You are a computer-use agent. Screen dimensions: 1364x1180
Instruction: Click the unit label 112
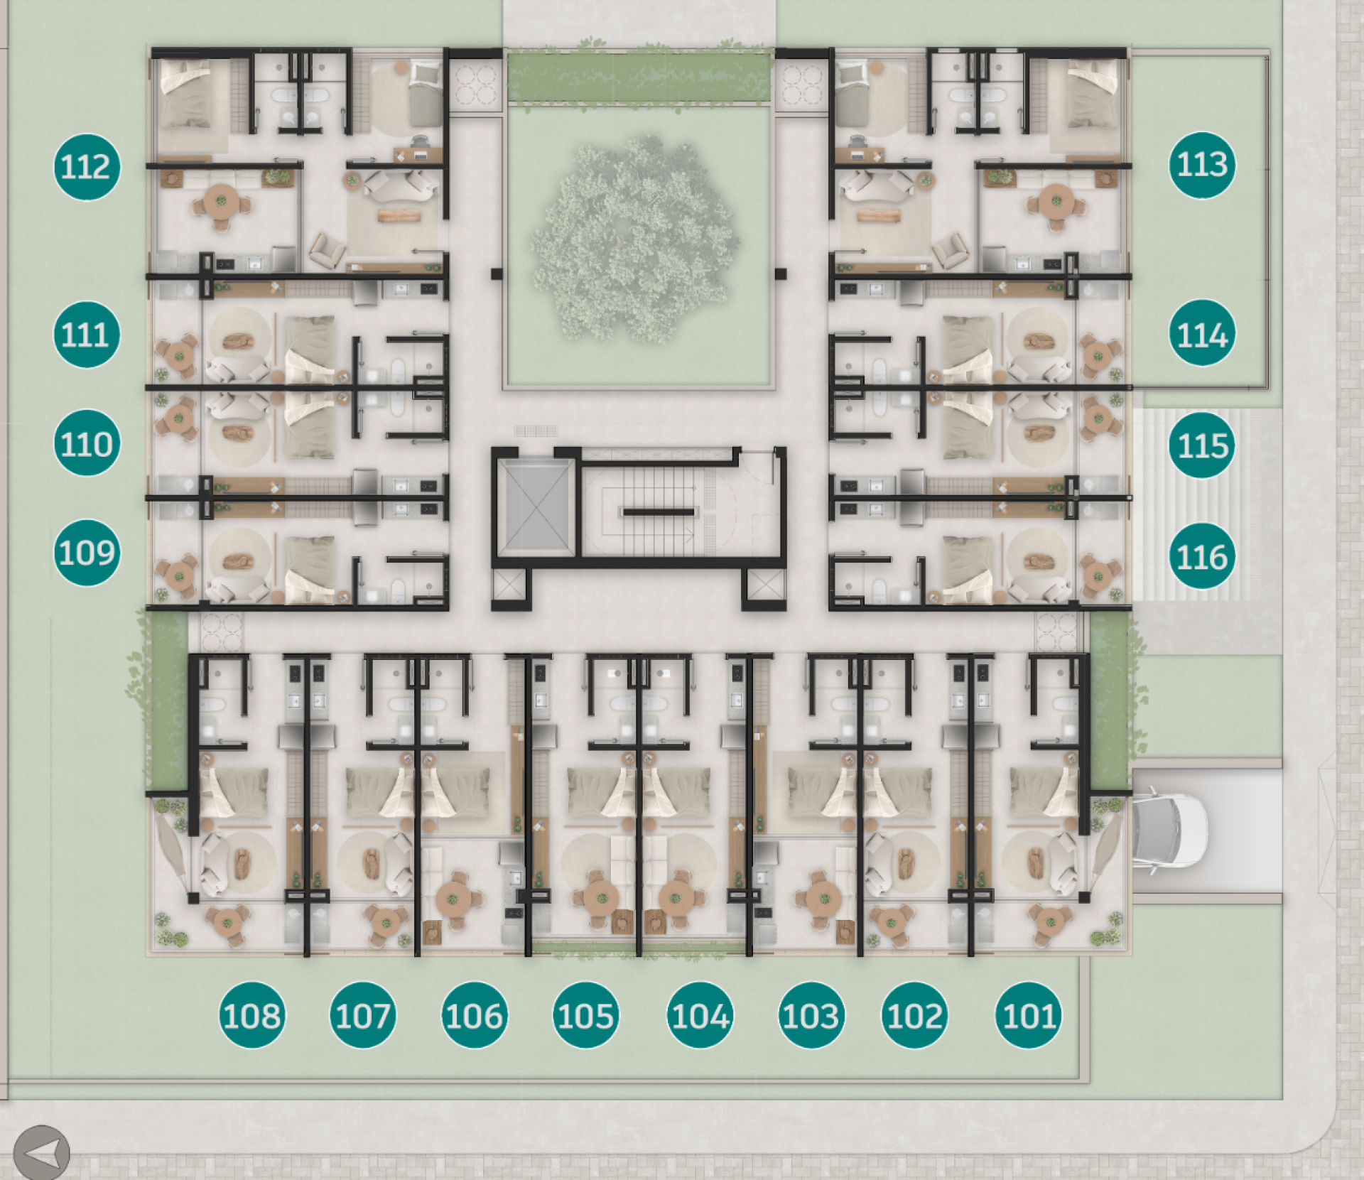point(87,167)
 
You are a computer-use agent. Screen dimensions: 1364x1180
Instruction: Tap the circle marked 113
point(1202,165)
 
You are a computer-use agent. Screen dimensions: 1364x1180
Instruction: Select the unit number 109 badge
point(87,553)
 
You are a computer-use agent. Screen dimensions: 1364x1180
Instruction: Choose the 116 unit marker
point(1202,556)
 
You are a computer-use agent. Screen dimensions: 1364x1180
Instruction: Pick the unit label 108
point(251,1015)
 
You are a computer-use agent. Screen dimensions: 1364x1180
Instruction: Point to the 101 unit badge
point(1029,1015)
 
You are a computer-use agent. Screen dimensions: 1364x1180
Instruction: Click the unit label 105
point(585,1015)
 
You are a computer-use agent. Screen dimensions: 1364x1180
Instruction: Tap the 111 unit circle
point(87,335)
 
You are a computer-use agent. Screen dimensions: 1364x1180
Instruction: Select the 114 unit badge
point(1202,333)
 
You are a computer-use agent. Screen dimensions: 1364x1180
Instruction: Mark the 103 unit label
point(811,1015)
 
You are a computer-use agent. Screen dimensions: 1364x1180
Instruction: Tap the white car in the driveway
point(1169,830)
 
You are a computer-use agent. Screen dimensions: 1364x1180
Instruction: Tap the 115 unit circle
point(1202,445)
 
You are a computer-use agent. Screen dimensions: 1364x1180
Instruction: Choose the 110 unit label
point(87,443)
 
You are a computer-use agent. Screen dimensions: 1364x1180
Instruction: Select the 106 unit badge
point(475,1015)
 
